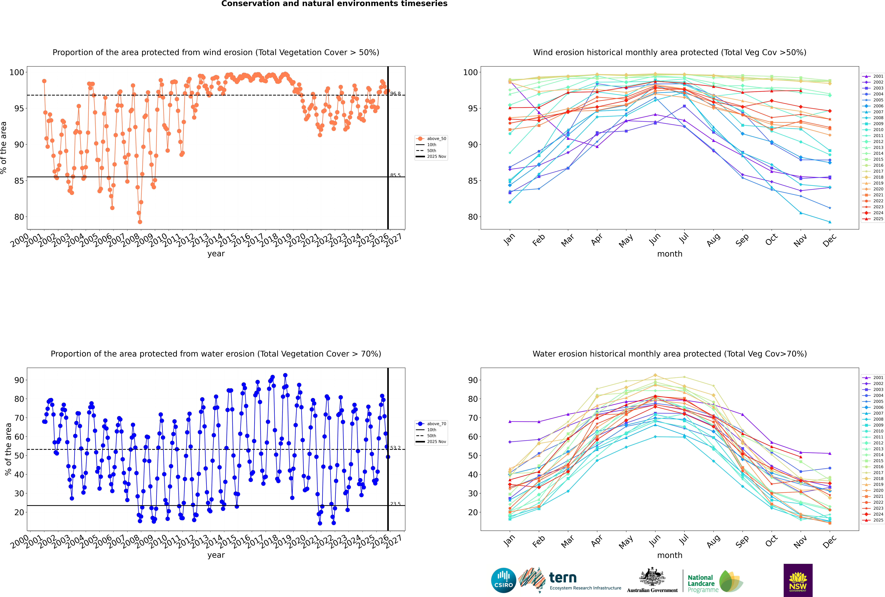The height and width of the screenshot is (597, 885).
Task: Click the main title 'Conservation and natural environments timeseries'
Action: (x=334, y=4)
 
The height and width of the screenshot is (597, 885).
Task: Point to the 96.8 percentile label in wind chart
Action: (x=395, y=94)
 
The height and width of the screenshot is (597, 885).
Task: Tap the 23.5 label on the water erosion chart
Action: (x=395, y=504)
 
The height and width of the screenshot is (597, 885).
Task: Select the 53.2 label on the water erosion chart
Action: (x=395, y=448)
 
